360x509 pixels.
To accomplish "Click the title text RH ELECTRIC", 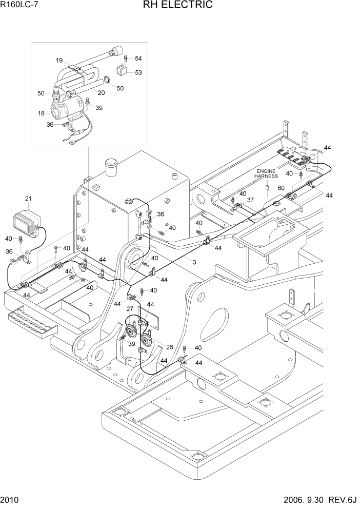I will click(x=180, y=6).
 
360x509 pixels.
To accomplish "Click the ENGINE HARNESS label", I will click(x=266, y=173).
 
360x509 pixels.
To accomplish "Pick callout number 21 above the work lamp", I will click(x=28, y=199).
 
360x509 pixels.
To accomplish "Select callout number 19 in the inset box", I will click(x=59, y=60).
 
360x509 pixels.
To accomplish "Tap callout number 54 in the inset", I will click(x=138, y=58).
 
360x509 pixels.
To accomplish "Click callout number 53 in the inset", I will click(x=138, y=72).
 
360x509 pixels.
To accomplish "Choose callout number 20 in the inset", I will click(x=101, y=93).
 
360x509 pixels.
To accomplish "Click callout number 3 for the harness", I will click(x=194, y=262).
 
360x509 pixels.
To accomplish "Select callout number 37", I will click(x=250, y=200).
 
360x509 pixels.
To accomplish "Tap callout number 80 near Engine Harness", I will click(x=281, y=188).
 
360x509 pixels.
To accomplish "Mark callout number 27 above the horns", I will click(x=130, y=309).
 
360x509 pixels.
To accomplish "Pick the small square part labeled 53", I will click(x=122, y=71).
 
